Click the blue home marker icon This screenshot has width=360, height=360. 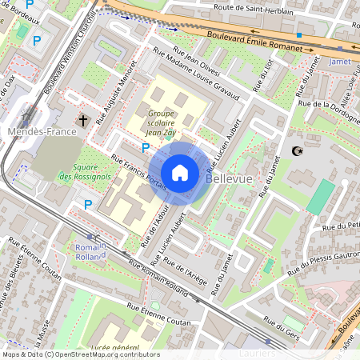(180, 172)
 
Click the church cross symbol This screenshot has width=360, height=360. (82, 121)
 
